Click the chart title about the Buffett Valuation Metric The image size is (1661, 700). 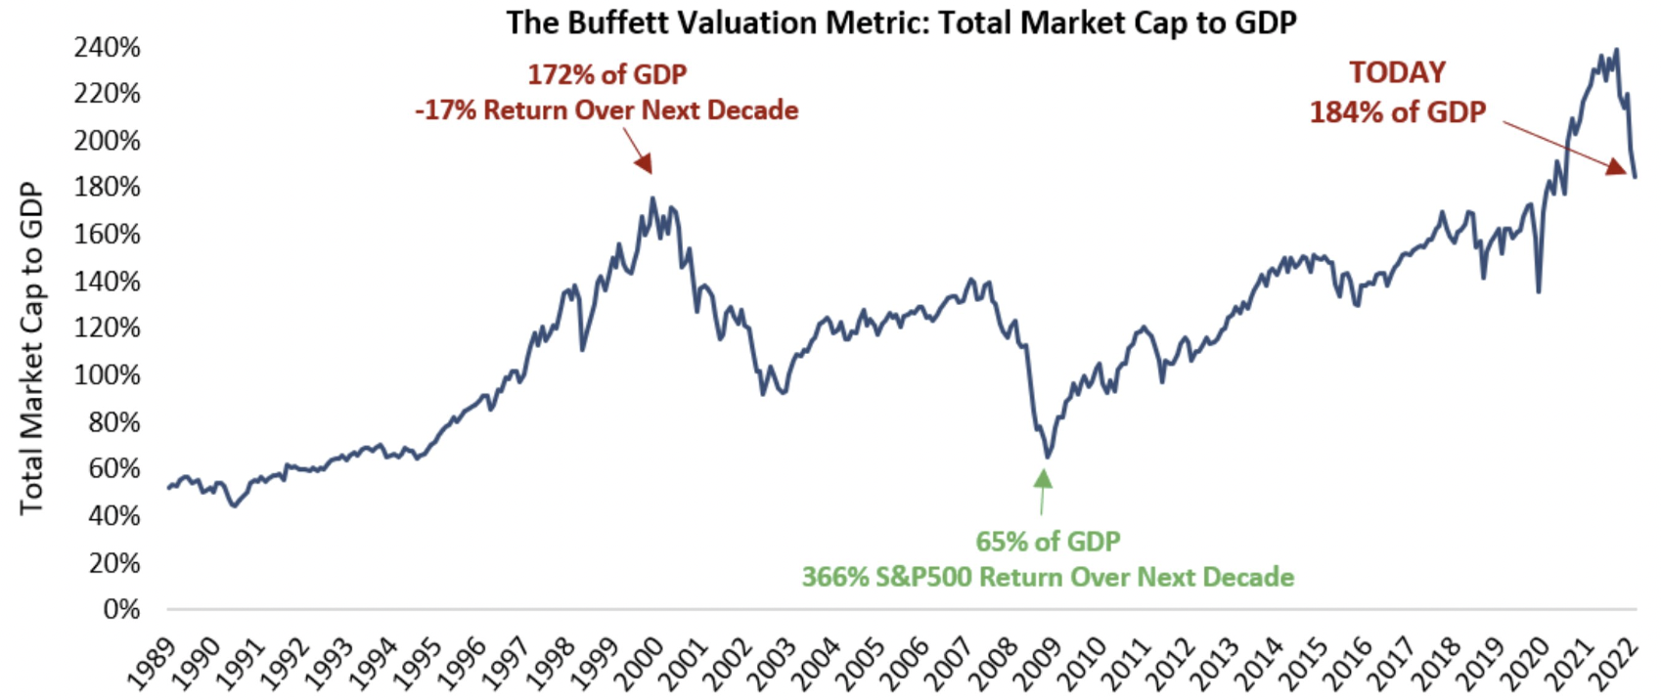901,22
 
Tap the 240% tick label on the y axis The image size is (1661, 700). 107,47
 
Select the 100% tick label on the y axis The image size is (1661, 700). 107,374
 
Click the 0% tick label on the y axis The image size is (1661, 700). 121,609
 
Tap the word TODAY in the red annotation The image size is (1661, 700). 1397,73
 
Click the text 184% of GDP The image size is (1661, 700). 1397,112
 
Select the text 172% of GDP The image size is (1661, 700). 606,74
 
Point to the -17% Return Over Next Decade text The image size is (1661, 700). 606,109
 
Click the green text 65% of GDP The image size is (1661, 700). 1048,541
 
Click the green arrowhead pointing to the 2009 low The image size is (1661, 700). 1044,478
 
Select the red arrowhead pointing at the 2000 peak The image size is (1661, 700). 643,164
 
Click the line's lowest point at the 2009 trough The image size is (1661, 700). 1047,457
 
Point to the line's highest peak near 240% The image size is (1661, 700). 1616,50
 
